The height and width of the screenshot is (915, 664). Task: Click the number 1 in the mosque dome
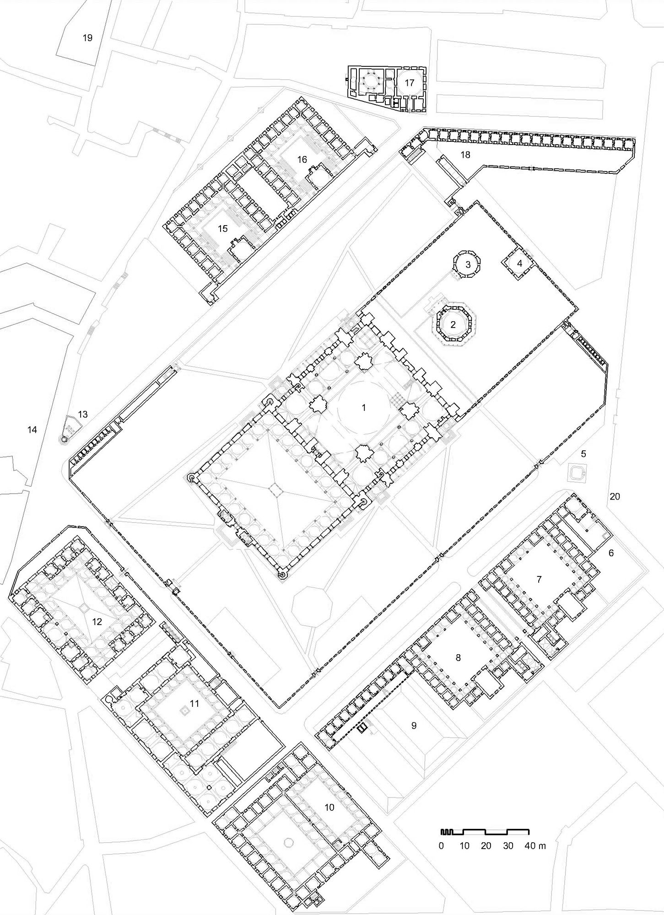(x=364, y=407)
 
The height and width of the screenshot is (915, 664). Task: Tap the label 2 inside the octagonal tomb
(x=453, y=325)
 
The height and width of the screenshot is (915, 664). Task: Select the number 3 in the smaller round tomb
(x=468, y=264)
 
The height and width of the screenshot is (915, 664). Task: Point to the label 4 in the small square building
(x=519, y=264)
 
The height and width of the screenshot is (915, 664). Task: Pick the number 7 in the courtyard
(x=539, y=580)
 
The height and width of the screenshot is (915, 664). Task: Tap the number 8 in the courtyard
(x=458, y=657)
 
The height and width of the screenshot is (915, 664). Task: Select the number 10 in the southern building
(x=329, y=807)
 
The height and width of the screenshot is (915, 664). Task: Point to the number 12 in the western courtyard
(x=97, y=621)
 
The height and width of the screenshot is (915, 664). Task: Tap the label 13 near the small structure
(x=82, y=414)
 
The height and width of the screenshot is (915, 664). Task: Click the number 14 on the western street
(x=32, y=430)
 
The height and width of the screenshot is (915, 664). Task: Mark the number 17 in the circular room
(x=409, y=83)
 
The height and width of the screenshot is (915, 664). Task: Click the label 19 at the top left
(x=87, y=38)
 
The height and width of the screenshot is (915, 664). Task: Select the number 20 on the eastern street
(x=615, y=496)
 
